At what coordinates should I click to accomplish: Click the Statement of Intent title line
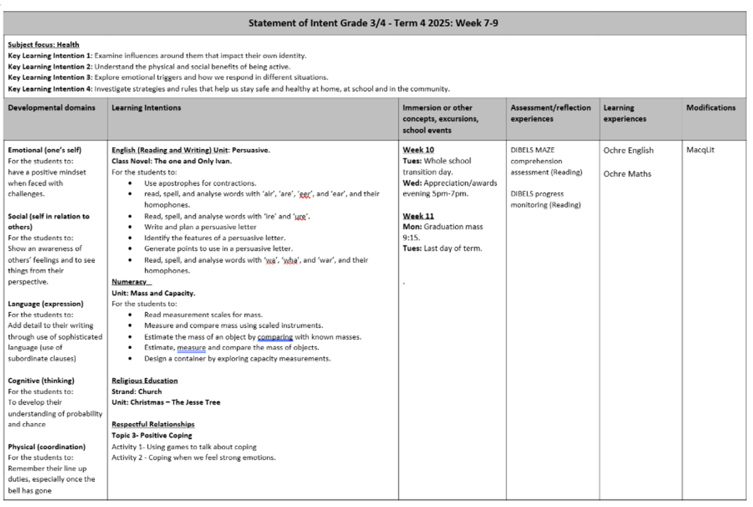[x=373, y=23]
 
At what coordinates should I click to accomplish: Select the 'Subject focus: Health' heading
[x=43, y=45]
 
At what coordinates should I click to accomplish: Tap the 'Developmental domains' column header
[x=51, y=108]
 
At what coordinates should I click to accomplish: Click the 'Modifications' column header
[x=710, y=108]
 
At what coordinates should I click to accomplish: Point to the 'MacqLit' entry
[x=700, y=150]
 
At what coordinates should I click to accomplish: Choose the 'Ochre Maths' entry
[x=627, y=174]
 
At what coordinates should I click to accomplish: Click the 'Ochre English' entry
[x=628, y=151]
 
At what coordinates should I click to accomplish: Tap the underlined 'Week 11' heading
[x=418, y=216]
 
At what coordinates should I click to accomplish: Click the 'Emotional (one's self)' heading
[x=45, y=150]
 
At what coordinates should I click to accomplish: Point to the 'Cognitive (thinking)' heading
[x=41, y=380]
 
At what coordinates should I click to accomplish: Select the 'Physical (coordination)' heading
[x=46, y=447]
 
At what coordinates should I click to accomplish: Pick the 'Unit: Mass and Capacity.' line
[x=153, y=293]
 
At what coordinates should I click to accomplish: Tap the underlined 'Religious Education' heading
[x=144, y=380]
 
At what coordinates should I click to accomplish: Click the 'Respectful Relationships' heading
[x=153, y=424]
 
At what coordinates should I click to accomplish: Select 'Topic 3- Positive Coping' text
[x=152, y=435]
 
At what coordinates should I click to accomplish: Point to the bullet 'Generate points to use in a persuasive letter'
[x=218, y=248]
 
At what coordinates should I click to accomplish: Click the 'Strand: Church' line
[x=136, y=392]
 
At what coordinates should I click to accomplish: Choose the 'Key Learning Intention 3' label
[x=50, y=78]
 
